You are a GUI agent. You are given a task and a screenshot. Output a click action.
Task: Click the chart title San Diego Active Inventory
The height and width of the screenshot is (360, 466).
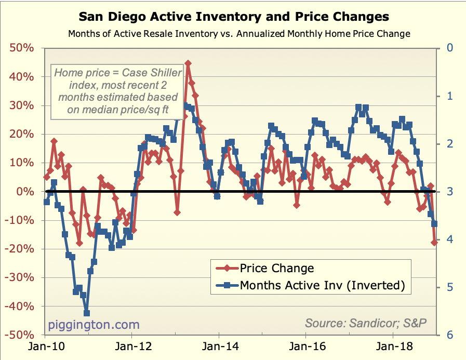click(x=233, y=17)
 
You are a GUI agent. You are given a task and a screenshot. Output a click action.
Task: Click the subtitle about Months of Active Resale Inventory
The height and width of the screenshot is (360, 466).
click(x=239, y=34)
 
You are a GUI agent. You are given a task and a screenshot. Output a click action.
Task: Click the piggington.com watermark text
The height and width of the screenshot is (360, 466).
click(x=94, y=325)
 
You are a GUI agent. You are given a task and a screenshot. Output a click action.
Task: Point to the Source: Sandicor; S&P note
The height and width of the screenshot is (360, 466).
click(x=366, y=323)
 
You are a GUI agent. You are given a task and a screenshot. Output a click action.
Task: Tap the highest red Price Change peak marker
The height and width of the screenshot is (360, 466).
click(x=188, y=63)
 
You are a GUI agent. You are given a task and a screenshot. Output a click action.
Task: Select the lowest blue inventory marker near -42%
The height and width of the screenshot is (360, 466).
click(x=87, y=313)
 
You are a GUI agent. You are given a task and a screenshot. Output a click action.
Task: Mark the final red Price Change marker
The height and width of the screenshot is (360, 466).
click(x=434, y=242)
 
